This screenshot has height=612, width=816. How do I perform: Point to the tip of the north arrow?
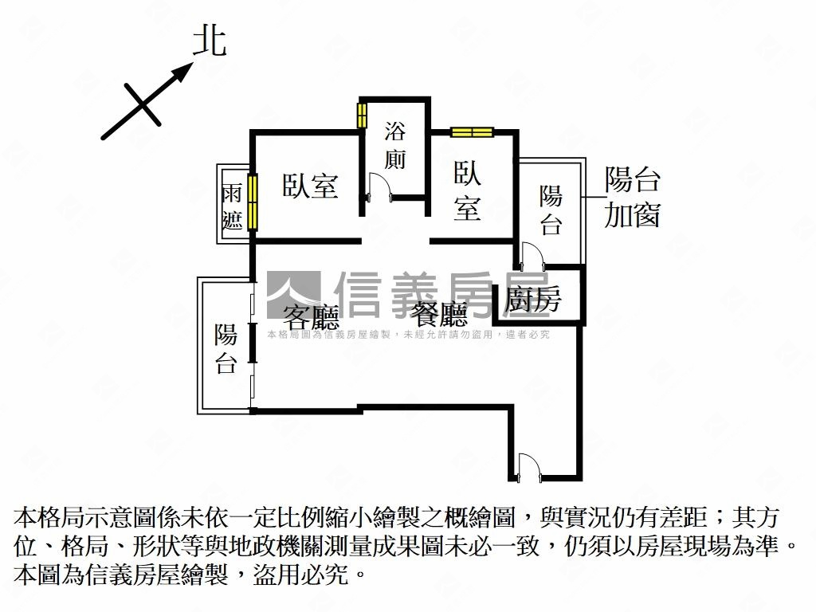[x=193, y=63]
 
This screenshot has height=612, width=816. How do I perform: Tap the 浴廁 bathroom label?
[x=395, y=145]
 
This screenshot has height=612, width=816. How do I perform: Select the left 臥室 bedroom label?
[x=311, y=185]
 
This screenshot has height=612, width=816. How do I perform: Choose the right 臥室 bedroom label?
[x=467, y=190]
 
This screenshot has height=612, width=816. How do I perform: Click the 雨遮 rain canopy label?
[x=232, y=207]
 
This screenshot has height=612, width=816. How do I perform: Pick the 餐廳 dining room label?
[x=439, y=314]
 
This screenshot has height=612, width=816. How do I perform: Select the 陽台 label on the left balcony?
[x=226, y=348]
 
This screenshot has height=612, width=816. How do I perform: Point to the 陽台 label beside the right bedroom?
[x=551, y=210]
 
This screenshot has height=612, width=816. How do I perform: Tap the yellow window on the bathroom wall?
[x=362, y=115]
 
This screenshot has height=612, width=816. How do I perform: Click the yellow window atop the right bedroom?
[x=472, y=132]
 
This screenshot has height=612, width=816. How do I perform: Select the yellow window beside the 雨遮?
[x=253, y=202]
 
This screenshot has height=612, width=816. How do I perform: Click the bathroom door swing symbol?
[x=379, y=186]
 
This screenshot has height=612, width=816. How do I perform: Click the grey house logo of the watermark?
[x=294, y=295]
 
